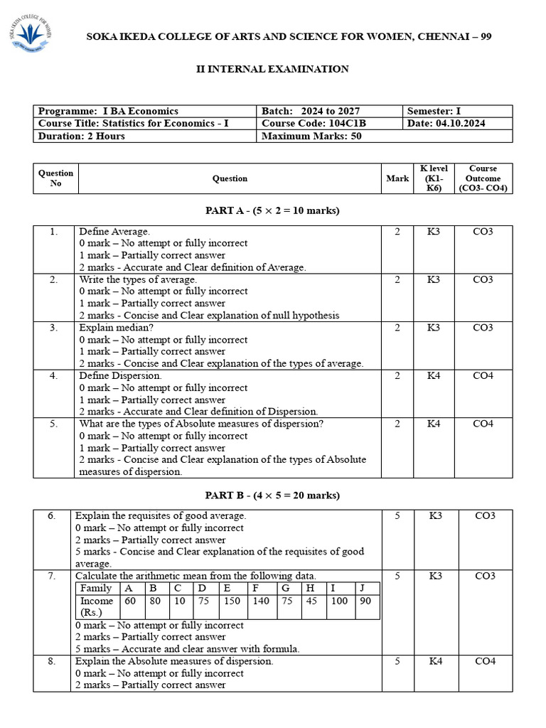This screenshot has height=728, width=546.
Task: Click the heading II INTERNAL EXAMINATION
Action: click(x=272, y=69)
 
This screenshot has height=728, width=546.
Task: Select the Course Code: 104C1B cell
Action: click(x=314, y=124)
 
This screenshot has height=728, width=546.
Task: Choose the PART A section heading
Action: click(x=272, y=210)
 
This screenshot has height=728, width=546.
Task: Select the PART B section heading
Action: click(x=272, y=495)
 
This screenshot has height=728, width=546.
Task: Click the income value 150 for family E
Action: click(x=231, y=601)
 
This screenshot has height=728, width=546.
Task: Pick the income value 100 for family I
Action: click(x=339, y=601)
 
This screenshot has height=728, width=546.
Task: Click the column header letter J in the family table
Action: click(x=363, y=588)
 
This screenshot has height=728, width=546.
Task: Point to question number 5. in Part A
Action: click(x=54, y=424)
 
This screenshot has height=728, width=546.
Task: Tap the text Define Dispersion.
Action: click(x=120, y=375)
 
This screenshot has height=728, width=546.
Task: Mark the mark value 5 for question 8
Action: click(x=397, y=661)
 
